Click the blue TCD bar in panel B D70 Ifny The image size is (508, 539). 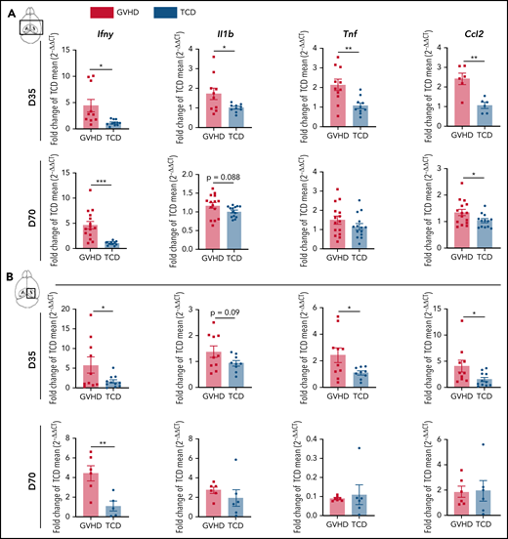(113, 511)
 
